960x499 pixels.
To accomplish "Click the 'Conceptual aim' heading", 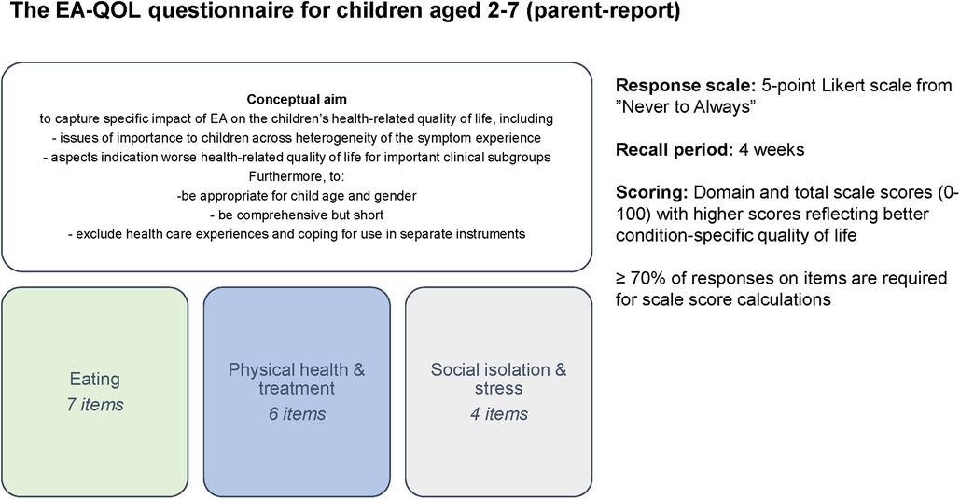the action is pyautogui.click(x=297, y=99).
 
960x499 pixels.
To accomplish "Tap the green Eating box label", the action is pyautogui.click(x=95, y=379).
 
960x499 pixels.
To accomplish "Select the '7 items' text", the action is pyautogui.click(x=95, y=405).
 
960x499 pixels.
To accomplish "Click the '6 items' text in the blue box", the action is pyautogui.click(x=297, y=414).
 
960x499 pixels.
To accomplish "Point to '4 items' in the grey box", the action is pyautogui.click(x=499, y=414).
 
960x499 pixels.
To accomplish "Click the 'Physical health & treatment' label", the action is pyautogui.click(x=297, y=379).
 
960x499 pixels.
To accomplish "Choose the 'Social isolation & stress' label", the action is pyautogui.click(x=499, y=379).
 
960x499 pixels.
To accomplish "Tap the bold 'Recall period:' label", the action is pyautogui.click(x=675, y=150).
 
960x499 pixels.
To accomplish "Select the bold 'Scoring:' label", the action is pyautogui.click(x=652, y=193).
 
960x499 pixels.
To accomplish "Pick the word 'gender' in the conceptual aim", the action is pyautogui.click(x=396, y=197).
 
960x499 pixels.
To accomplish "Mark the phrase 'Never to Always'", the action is pyautogui.click(x=685, y=107).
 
